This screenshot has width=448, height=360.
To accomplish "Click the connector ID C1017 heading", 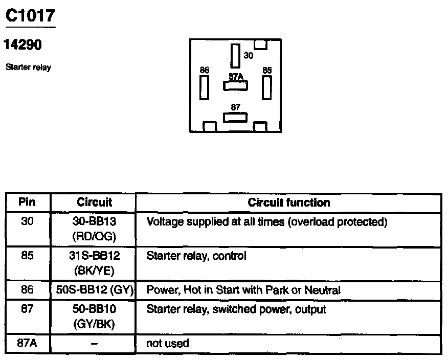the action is point(30,16).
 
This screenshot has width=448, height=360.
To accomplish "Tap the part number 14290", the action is point(23,45).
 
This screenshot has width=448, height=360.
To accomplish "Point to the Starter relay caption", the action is point(28,67).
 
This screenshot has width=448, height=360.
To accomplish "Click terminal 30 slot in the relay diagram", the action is point(235,56).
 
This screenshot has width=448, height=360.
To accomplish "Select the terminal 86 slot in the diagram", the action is point(205,88).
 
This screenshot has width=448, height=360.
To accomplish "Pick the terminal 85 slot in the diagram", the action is point(266,87).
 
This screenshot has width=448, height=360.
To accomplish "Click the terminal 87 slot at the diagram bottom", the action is point(235,117).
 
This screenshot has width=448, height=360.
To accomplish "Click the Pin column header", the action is point(27,202).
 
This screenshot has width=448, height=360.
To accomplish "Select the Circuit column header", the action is point(94,202).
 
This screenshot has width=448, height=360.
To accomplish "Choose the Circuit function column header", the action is point(288,202).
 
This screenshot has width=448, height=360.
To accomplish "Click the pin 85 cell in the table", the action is point(27,255).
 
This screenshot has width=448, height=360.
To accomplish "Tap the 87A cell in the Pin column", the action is point(27,343).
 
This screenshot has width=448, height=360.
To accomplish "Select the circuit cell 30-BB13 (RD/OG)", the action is point(94,229).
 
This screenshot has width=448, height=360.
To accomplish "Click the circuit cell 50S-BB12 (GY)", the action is point(94,290).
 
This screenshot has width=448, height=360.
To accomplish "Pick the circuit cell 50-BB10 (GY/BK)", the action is point(94,317).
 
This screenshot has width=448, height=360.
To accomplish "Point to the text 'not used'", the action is point(167,343).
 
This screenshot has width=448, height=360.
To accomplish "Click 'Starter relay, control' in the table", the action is point(196,255).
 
